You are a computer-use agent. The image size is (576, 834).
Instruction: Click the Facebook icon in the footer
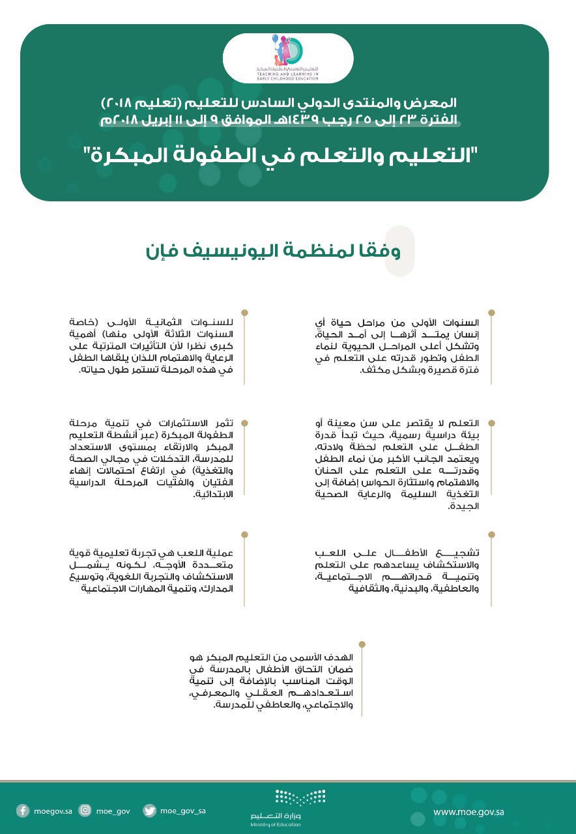coord(23,811)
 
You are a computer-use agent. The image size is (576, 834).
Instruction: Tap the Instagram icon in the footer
coord(85,811)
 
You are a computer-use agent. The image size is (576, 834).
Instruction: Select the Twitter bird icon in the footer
coord(149,811)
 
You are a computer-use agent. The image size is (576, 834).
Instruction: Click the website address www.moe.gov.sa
coord(468,812)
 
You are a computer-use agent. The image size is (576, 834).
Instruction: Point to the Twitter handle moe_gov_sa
coord(183,811)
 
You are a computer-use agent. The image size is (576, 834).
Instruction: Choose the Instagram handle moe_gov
coord(113,811)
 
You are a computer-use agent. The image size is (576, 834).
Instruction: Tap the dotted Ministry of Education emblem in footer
coord(300,797)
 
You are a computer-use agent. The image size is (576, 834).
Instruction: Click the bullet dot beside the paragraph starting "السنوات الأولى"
coord(491,313)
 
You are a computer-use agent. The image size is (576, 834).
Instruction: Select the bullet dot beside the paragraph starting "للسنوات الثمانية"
coord(244,313)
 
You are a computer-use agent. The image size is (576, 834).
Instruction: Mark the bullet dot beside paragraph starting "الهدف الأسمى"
coord(362,644)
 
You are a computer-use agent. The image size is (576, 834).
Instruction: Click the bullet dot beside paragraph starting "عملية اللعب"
coord(244,534)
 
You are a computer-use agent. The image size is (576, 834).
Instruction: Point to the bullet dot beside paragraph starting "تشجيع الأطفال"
coord(491,534)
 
